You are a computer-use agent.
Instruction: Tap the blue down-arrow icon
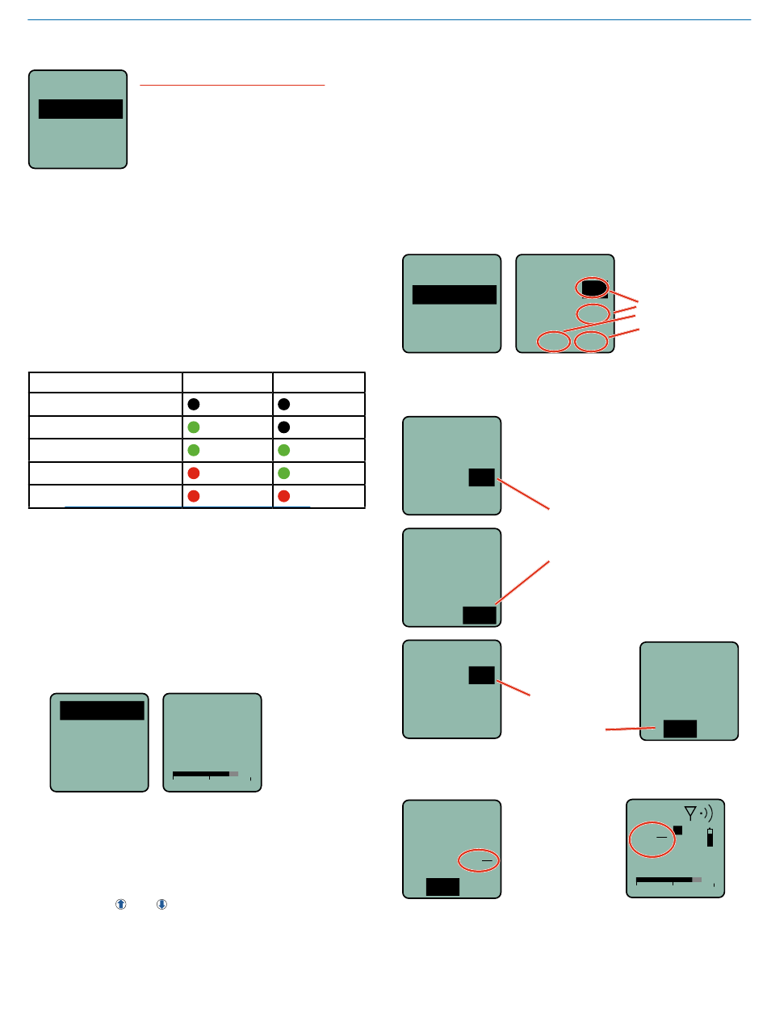pos(161,906)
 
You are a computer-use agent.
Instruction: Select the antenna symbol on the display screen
pos(691,813)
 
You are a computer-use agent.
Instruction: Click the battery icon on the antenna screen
pos(710,838)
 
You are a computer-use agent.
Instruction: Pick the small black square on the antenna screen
pos(679,830)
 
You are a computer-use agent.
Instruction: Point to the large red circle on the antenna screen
pos(652,839)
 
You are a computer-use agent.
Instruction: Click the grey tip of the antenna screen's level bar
pos(698,879)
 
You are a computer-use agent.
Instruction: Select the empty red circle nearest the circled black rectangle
pos(593,313)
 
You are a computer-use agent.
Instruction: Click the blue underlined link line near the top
pos(232,84)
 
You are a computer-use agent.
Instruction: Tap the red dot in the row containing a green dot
pos(193,472)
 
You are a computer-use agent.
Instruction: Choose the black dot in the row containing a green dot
pos(284,427)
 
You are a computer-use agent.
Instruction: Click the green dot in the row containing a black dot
pos(193,427)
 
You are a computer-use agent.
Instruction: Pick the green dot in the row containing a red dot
pos(284,472)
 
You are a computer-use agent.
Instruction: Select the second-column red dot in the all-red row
pos(284,494)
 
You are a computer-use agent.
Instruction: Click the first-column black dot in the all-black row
pos(193,404)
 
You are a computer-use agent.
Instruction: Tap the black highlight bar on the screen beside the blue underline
pos(81,109)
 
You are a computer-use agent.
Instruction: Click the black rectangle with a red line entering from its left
pos(680,729)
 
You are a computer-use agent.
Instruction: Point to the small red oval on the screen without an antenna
pos(479,862)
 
